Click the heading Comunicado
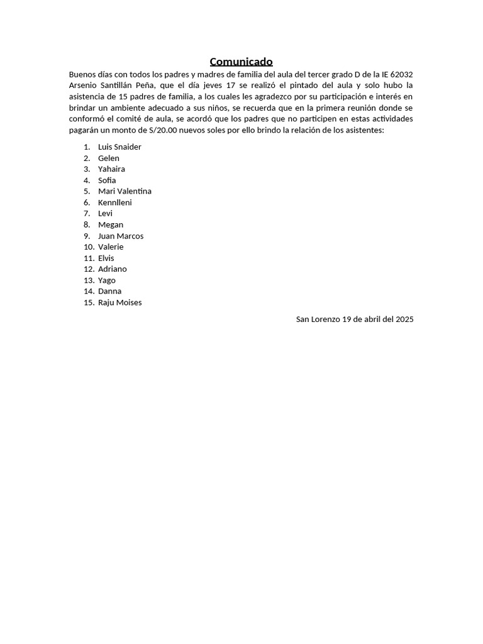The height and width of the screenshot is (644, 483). [241, 62]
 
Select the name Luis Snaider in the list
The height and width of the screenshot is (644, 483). [119, 147]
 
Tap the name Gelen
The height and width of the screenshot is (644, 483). [108, 158]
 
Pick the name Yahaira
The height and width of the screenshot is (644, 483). [111, 169]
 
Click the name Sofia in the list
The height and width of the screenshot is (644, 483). [107, 180]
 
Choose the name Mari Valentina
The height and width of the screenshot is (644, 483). [125, 191]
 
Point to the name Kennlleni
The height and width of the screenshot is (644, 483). [114, 203]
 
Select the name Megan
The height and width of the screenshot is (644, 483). [111, 225]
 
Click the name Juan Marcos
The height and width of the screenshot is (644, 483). [121, 236]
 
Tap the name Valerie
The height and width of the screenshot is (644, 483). [111, 247]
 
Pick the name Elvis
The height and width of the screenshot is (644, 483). [106, 258]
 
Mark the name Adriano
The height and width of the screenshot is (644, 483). [112, 269]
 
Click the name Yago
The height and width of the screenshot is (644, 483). [107, 280]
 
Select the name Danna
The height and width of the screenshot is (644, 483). [109, 291]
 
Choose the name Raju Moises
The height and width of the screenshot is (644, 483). [119, 303]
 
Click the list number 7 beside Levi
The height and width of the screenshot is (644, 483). [87, 214]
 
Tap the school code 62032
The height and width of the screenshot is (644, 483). [401, 75]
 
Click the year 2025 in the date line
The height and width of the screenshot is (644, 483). [404, 319]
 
